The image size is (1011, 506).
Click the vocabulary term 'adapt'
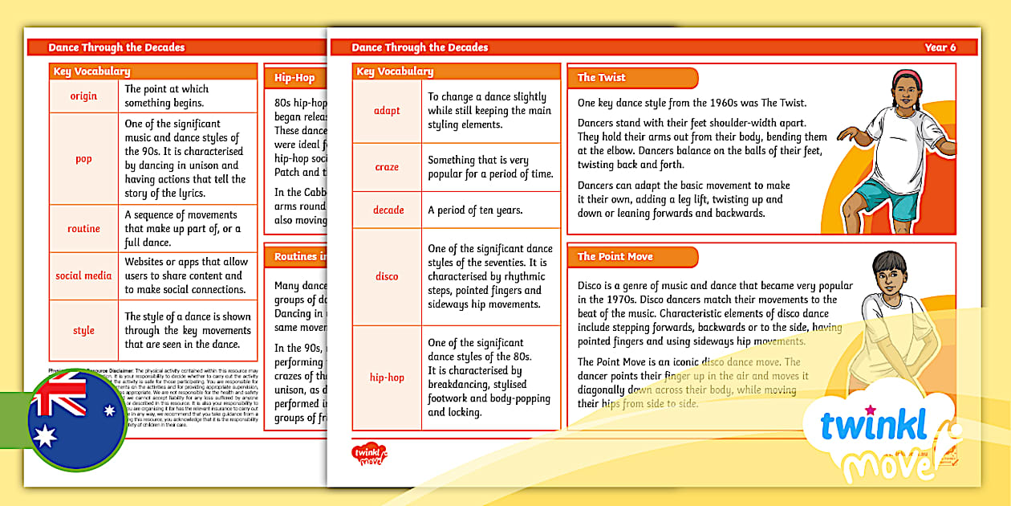click(x=387, y=111)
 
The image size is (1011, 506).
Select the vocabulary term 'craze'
click(x=387, y=167)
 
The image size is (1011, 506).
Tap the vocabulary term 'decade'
click(x=388, y=210)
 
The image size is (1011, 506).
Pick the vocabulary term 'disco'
click(x=387, y=276)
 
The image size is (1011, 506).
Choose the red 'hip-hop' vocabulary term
click(x=387, y=377)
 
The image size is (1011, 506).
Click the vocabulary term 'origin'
click(x=83, y=96)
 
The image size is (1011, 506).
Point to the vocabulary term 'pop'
click(x=83, y=158)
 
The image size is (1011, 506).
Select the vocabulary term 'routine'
click(x=83, y=228)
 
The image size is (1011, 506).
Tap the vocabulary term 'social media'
click(x=83, y=275)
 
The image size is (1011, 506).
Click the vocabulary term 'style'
click(x=83, y=330)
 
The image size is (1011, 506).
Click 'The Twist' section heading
click(x=601, y=78)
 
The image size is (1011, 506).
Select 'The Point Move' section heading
click(x=615, y=256)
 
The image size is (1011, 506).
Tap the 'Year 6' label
click(x=940, y=47)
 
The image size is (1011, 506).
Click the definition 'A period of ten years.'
click(x=475, y=210)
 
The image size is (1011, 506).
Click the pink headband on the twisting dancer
click(x=905, y=76)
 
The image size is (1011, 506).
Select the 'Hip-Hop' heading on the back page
click(x=294, y=78)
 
